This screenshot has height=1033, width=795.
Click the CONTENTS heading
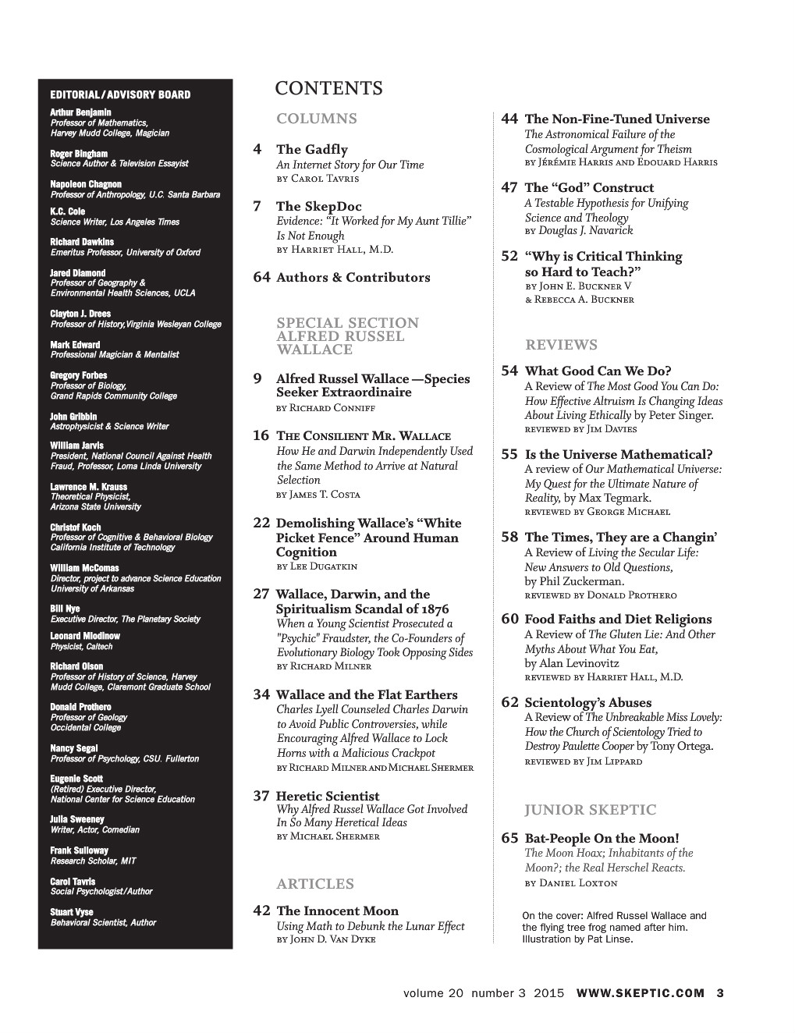(x=328, y=88)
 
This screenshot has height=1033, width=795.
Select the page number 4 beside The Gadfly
(x=257, y=149)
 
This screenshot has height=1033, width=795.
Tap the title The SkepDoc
(x=318, y=206)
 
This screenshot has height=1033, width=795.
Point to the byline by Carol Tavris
(x=318, y=179)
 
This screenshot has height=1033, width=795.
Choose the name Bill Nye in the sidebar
(x=65, y=609)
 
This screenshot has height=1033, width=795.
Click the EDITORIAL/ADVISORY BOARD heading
(x=120, y=94)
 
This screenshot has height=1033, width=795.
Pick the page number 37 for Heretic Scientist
(x=261, y=796)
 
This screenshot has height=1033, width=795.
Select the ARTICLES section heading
(x=314, y=884)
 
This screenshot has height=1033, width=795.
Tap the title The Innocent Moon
(x=337, y=911)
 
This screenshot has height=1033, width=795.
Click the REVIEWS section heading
(x=561, y=345)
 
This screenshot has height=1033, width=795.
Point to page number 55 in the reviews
(x=509, y=454)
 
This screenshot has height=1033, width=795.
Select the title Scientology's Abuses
(x=587, y=702)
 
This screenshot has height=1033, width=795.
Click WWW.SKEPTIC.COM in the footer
(x=640, y=993)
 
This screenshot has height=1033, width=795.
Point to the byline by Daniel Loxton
(x=570, y=882)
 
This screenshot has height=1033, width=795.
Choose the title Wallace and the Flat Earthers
(x=367, y=694)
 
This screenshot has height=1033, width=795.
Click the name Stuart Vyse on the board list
(x=72, y=912)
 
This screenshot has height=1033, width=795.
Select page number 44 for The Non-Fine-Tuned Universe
(x=509, y=119)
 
